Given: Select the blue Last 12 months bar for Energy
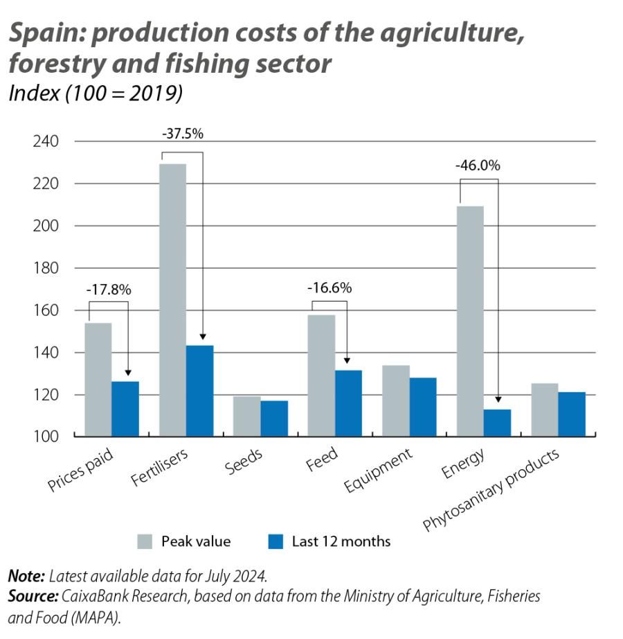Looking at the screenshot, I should point(497,423).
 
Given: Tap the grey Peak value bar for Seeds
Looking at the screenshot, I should point(246,417).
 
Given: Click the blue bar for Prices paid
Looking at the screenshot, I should point(125,409).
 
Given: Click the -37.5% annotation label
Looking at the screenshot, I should point(183,134).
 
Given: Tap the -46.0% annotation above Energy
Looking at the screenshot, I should point(478,166).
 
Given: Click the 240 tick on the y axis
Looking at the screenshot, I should point(45,141).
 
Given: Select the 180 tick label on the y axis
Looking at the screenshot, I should point(45,268).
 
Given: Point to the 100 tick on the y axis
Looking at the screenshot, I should point(45,437).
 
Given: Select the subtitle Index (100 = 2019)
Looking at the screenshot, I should point(95,94).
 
